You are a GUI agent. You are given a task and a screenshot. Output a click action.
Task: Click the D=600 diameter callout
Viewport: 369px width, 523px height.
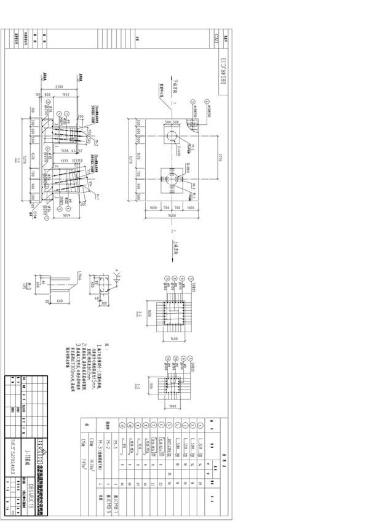[x=177, y=148]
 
